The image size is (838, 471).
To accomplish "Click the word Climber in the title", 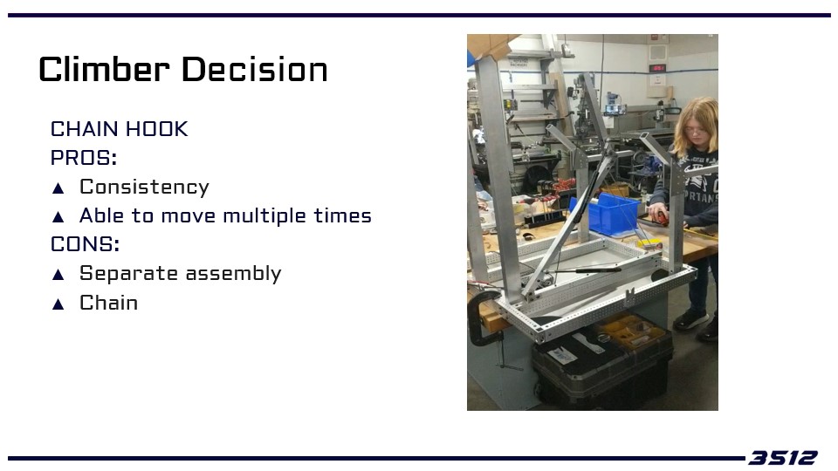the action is click(x=104, y=70).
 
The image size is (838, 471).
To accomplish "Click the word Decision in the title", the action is click(x=254, y=70).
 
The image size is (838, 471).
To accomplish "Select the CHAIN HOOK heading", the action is click(x=120, y=129).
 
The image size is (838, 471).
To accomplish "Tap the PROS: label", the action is click(x=84, y=158).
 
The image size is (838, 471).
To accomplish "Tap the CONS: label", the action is click(x=85, y=244).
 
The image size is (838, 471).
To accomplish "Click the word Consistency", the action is click(x=144, y=188).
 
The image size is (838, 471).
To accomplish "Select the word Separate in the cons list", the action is click(x=129, y=273).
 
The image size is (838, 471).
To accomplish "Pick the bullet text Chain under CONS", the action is click(x=108, y=303).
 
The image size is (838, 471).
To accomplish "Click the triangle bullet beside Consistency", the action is click(x=58, y=188).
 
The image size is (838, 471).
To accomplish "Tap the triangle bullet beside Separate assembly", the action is click(x=58, y=275).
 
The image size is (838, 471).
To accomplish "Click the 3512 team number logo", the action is click(x=782, y=458).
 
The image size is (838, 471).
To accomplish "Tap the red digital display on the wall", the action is click(x=656, y=68).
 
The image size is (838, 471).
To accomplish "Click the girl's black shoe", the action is click(x=690, y=319).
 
